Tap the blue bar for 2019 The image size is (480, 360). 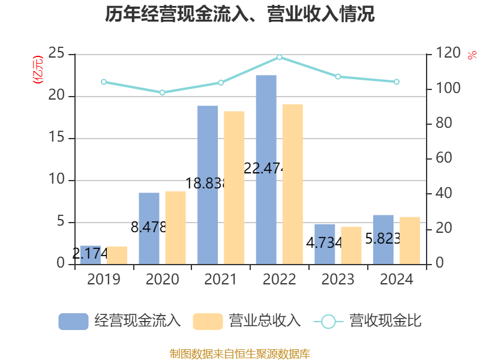click(90, 255)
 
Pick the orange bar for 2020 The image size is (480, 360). click(175, 227)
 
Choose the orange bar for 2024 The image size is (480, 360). click(410, 240)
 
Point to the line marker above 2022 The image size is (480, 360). click(280, 57)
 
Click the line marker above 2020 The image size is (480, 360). click(162, 92)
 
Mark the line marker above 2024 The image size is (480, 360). click(397, 82)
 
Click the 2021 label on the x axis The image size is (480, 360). click(221, 280)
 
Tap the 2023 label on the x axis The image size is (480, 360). click(338, 280)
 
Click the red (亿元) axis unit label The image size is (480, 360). click(38, 69)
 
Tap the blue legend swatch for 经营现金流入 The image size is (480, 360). click(73, 321)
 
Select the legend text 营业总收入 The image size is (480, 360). click(265, 321)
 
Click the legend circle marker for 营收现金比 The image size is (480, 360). click(328, 321)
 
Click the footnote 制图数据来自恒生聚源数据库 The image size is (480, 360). click(240, 353)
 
